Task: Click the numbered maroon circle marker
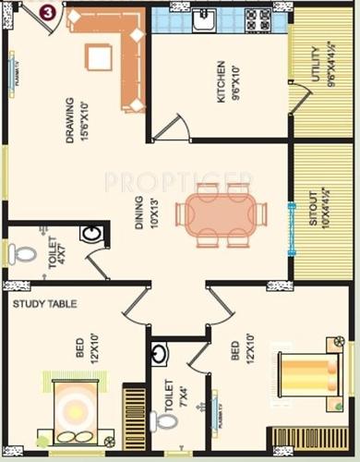46,12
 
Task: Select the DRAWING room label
70,119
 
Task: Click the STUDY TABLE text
44,303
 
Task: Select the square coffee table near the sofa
99,57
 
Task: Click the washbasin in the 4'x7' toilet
90,235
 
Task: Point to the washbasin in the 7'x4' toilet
161,353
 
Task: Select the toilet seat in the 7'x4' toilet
166,420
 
